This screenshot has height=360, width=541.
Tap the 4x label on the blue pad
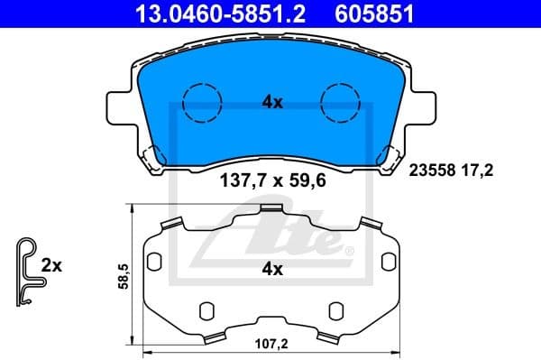pyautogui.click(x=271, y=103)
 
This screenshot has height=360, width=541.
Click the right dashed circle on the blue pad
pyautogui.click(x=342, y=102)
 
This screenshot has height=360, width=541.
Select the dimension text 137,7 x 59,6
pyautogui.click(x=272, y=180)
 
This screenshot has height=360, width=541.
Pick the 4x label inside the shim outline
pyautogui.click(x=272, y=269)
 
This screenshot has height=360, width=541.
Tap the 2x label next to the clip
pyautogui.click(x=51, y=266)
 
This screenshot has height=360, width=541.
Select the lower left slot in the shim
pyautogui.click(x=205, y=309)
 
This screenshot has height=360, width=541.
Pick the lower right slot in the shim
pyautogui.click(x=335, y=309)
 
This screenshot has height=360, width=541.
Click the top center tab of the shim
pyautogui.click(x=270, y=211)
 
